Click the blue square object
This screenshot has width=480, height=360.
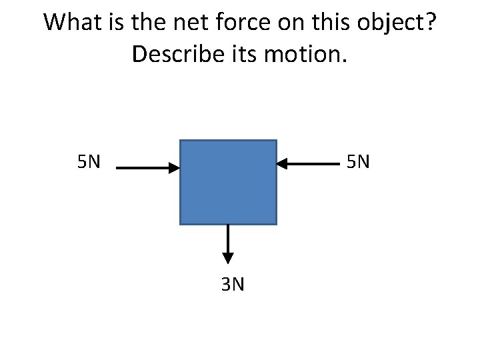click(228, 182)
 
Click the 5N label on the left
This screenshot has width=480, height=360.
click(89, 162)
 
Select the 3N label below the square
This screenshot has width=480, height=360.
click(232, 285)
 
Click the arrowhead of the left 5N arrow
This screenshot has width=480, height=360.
click(175, 168)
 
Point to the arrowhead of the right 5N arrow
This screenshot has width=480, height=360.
click(281, 163)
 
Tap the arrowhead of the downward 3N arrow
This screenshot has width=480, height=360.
click(228, 257)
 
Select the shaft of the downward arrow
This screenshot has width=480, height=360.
click(228, 238)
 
